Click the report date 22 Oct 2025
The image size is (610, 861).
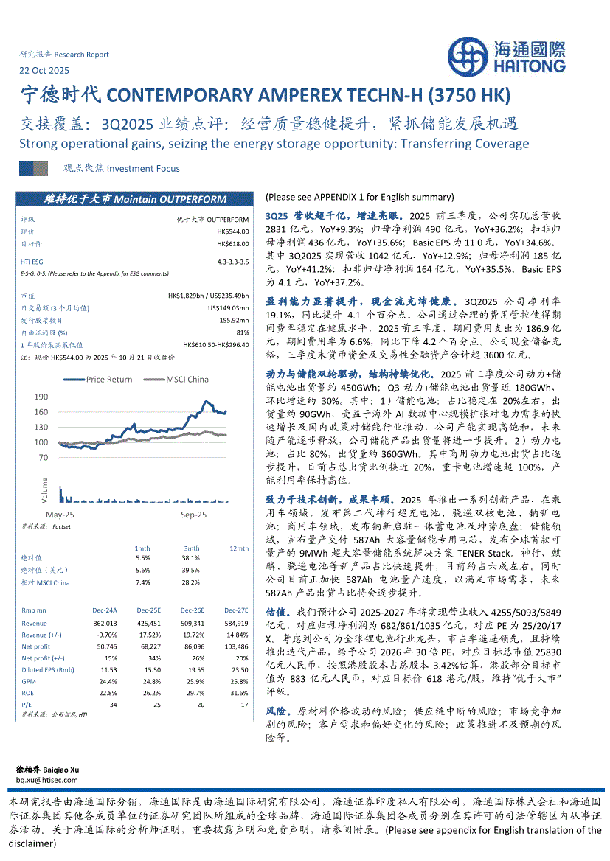(x=44, y=71)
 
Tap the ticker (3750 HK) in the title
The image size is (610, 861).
(x=468, y=96)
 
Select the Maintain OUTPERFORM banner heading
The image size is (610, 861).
(x=135, y=199)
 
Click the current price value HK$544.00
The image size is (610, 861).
(x=233, y=231)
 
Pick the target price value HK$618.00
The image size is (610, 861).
(x=233, y=243)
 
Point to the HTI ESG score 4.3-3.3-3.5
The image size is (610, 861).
(x=233, y=262)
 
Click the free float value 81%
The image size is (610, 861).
(x=244, y=332)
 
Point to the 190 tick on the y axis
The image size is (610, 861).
(x=41, y=397)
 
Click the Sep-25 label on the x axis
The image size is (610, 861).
(x=194, y=514)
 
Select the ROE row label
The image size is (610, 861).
(x=28, y=692)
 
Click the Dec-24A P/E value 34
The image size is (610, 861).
(x=114, y=704)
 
